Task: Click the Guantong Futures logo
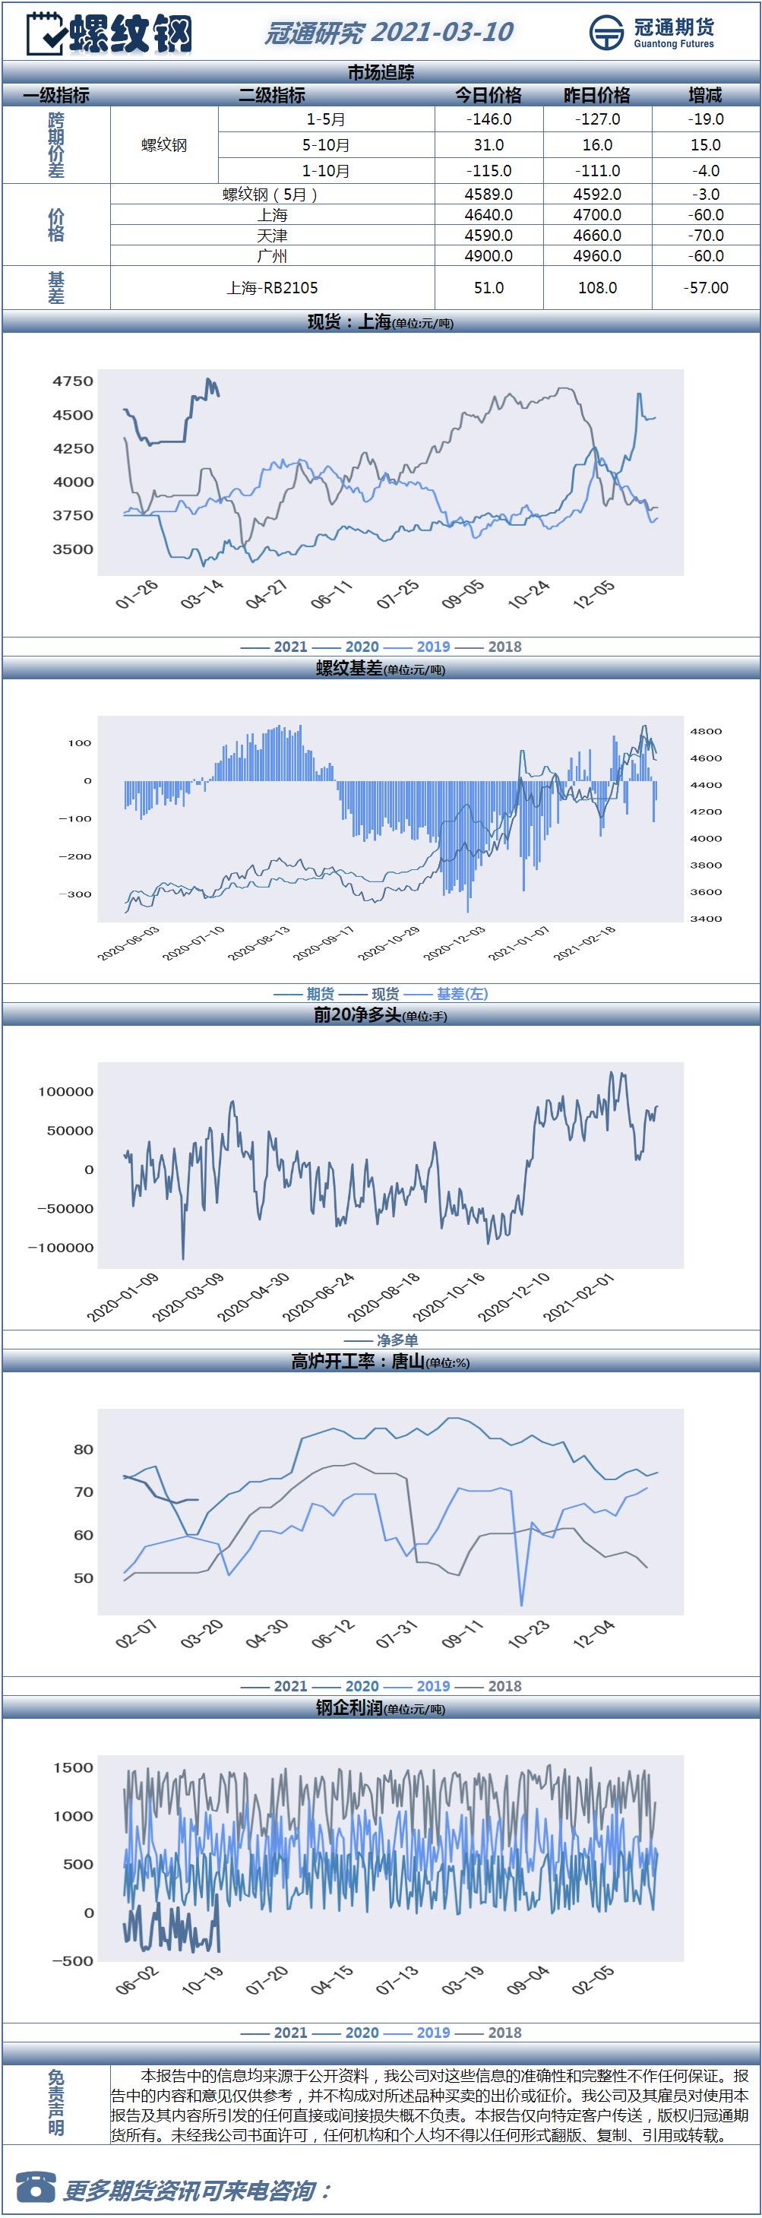pos(652,33)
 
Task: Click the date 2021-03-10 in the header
pos(441,33)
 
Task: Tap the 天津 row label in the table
pos(272,236)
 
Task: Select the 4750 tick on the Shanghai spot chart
pos(73,381)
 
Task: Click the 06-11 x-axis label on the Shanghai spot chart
pos(331,595)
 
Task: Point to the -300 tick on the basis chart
pos(75,894)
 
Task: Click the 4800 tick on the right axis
pos(706,732)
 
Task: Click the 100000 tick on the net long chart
pos(65,1092)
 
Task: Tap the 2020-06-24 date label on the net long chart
pos(318,1298)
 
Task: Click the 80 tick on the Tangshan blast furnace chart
pos(84,1450)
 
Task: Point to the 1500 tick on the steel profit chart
pos(73,1767)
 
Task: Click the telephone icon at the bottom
pos(35,2187)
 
